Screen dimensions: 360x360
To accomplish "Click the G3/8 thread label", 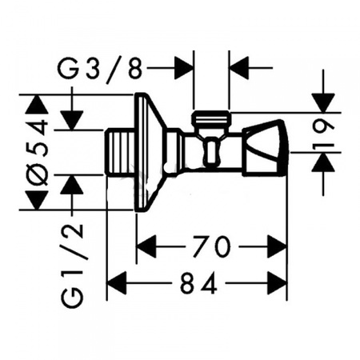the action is (x=100, y=68).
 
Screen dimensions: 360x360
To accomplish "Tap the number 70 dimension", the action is (x=211, y=246).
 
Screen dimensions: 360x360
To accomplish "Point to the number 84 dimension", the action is (x=198, y=282).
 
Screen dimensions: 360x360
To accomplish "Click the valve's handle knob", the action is (x=266, y=147).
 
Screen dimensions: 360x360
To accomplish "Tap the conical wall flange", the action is (x=149, y=152).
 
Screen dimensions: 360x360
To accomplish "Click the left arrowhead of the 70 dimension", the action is (x=146, y=246).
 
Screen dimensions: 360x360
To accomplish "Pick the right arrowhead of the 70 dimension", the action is (x=277, y=246).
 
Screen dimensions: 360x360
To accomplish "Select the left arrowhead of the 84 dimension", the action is (x=116, y=283).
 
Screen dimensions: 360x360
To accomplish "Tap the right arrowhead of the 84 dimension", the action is (x=277, y=283).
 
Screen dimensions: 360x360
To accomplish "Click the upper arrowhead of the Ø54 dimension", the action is (x=37, y=105).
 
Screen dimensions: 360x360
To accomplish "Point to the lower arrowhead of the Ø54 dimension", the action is (x=37, y=200).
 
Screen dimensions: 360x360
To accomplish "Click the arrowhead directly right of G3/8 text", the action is (x=184, y=68).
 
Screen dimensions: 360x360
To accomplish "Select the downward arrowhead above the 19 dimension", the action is (x=323, y=103).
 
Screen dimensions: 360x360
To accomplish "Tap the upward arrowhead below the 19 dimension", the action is (x=323, y=162).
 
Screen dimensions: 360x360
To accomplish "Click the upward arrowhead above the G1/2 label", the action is (x=72, y=185).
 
